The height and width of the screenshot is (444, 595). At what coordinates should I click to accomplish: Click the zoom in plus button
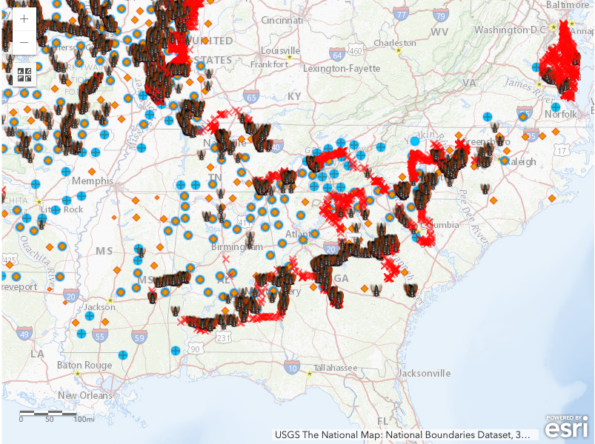(24, 19)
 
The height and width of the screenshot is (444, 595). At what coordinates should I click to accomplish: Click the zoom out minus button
(24, 42)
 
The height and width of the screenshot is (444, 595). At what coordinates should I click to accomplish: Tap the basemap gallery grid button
(24, 75)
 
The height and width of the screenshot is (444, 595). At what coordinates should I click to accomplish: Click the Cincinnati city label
(282, 21)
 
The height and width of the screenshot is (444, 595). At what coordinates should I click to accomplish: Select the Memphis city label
(93, 181)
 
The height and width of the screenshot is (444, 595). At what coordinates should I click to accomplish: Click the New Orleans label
(86, 395)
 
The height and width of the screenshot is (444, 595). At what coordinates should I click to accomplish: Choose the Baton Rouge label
(84, 365)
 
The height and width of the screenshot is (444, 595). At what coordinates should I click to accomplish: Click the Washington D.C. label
(510, 30)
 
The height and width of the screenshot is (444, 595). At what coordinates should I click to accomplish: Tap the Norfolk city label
(561, 114)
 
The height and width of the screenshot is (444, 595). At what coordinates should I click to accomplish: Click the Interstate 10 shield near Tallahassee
(293, 368)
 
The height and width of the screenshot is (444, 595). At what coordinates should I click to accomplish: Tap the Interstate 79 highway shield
(441, 14)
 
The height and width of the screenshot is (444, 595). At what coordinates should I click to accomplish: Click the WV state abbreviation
(439, 33)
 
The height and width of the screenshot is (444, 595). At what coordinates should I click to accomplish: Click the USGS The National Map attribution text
(401, 434)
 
